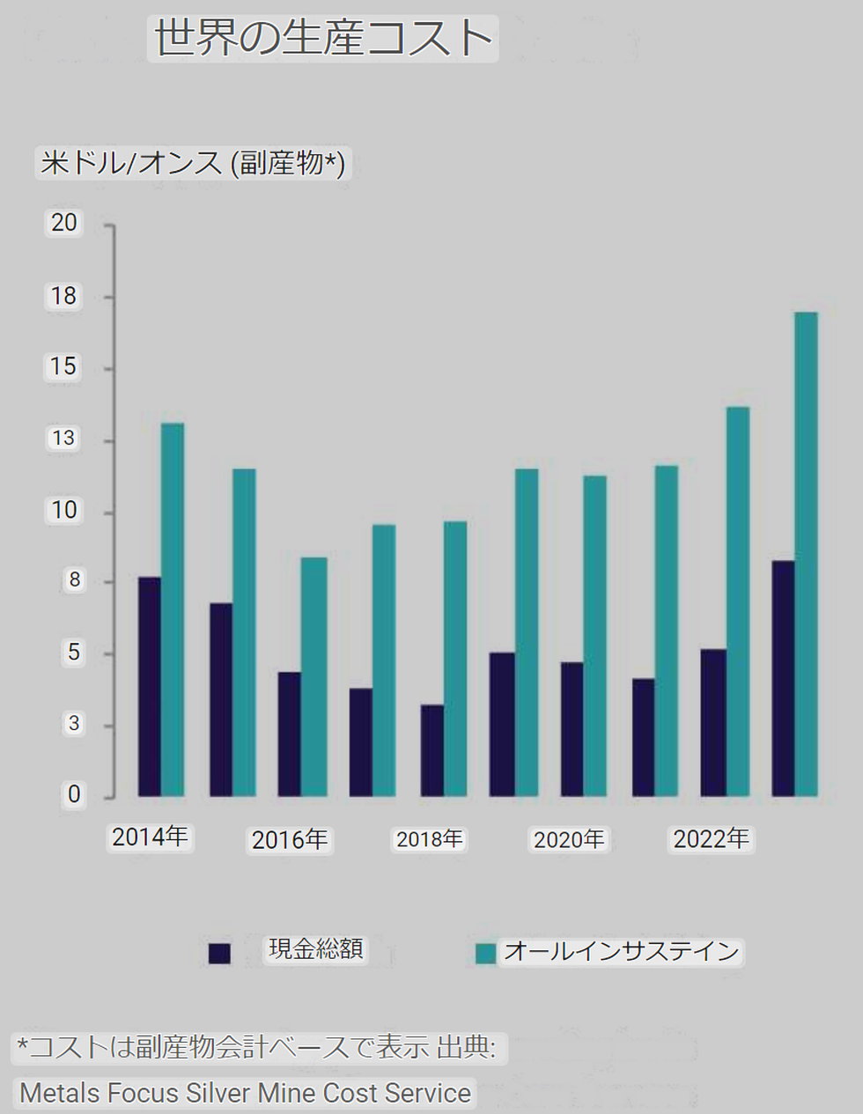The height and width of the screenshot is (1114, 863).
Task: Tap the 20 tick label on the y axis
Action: tap(64, 223)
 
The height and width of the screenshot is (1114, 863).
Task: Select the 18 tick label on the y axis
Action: tap(64, 296)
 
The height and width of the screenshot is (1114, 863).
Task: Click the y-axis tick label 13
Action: tap(63, 439)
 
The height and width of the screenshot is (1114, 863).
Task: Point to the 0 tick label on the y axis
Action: tap(74, 794)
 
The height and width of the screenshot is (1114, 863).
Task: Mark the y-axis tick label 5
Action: tap(74, 653)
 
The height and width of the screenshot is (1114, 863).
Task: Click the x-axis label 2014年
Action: tap(151, 837)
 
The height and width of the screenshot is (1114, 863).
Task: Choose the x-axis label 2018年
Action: tap(430, 839)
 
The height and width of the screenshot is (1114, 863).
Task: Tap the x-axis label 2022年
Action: tap(711, 839)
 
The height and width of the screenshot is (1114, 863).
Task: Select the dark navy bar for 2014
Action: tap(150, 687)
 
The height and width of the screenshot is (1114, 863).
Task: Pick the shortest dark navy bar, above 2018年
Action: tap(432, 750)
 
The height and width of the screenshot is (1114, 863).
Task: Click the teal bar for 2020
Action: tap(595, 636)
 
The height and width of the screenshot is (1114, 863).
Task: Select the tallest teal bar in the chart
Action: tap(806, 554)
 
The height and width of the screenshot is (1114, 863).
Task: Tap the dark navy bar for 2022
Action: tap(713, 722)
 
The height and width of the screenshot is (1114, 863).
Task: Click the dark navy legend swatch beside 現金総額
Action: tap(219, 953)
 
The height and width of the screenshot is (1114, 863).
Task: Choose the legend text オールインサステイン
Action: tap(622, 951)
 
